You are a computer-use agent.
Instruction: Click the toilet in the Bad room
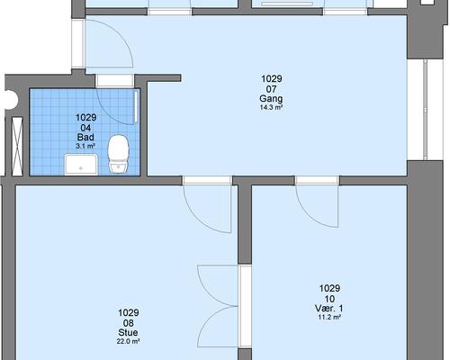[119, 154]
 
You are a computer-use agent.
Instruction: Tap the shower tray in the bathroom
[81, 164]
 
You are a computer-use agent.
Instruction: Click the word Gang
[271, 99]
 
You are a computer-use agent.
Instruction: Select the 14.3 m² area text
[271, 108]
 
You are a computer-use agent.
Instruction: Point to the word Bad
[85, 137]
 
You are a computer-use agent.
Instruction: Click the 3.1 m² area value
[85, 146]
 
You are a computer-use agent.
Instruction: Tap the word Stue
[129, 332]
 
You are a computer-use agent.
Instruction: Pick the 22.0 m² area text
[129, 341]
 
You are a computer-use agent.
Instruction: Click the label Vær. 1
[329, 308]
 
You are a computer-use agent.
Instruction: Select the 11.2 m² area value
[329, 317]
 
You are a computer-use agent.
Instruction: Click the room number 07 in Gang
[271, 89]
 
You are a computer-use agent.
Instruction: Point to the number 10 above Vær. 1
[329, 299]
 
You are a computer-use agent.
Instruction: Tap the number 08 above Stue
[129, 323]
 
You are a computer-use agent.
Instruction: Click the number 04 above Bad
[85, 128]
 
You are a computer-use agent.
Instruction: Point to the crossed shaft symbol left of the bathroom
[17, 146]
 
